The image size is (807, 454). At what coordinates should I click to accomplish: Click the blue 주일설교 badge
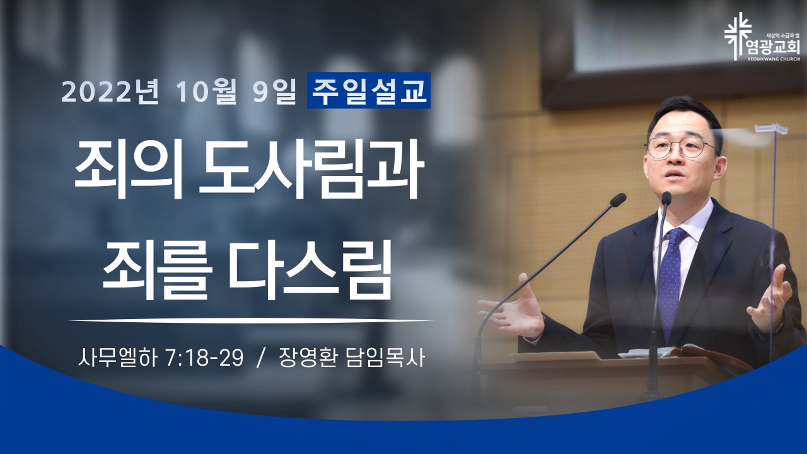(x=369, y=90)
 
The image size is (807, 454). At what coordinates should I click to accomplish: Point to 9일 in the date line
(x=274, y=92)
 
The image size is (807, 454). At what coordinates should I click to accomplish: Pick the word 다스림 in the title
(x=310, y=268)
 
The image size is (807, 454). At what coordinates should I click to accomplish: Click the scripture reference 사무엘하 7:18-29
(x=161, y=358)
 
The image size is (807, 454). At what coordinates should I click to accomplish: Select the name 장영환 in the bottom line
(x=308, y=358)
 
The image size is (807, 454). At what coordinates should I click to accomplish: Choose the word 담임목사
(x=385, y=358)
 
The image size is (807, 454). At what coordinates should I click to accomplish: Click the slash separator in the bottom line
(x=261, y=358)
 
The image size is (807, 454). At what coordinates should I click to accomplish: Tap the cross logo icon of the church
(x=738, y=36)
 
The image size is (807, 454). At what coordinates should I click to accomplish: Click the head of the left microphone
(x=618, y=200)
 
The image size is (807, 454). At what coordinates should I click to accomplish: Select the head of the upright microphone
(x=666, y=198)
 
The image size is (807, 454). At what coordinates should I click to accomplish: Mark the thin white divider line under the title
(x=251, y=320)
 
